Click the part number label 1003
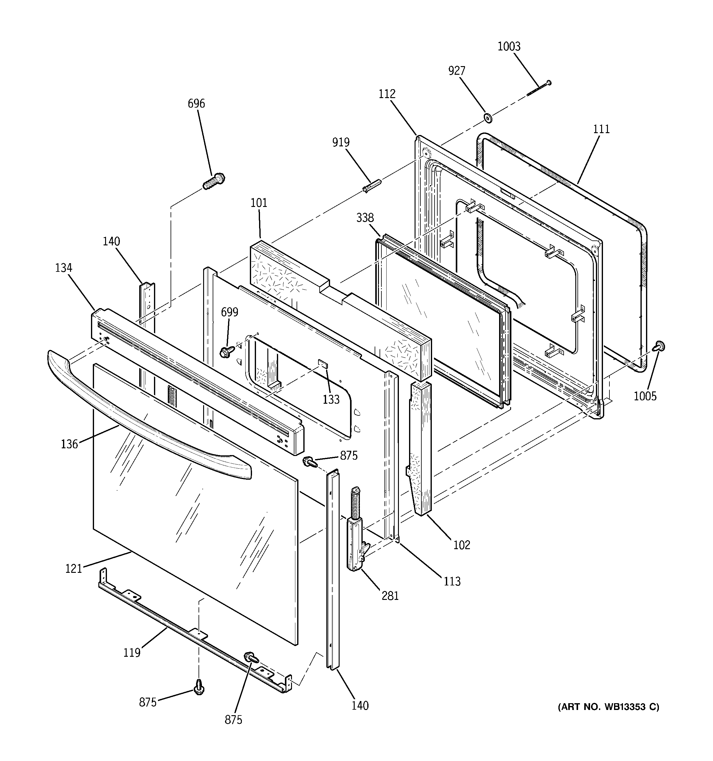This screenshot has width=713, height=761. [509, 47]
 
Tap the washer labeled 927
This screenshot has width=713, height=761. [488, 117]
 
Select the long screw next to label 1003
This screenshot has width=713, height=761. [539, 89]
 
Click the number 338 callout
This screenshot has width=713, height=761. [365, 218]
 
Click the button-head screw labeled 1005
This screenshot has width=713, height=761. [659, 347]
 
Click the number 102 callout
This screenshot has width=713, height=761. [462, 545]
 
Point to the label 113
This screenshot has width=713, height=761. [452, 581]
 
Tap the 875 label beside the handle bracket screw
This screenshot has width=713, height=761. [349, 456]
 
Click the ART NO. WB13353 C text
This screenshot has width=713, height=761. [608, 707]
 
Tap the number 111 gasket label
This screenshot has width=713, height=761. [601, 129]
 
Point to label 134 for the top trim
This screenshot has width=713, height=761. [64, 268]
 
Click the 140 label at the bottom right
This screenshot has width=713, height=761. [360, 705]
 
